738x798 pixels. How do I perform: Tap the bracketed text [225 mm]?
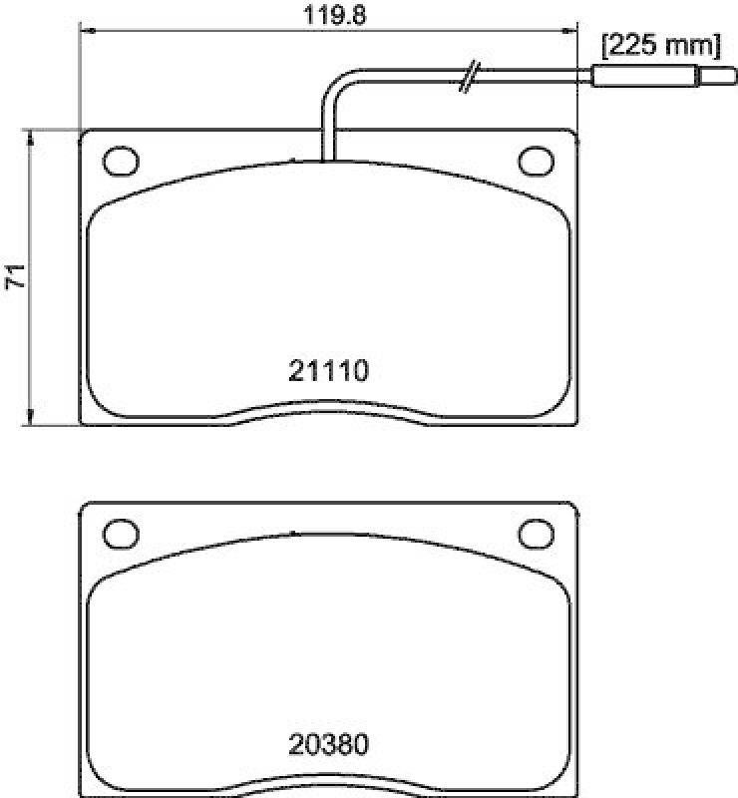(x=659, y=45)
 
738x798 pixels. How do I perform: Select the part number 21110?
(x=329, y=372)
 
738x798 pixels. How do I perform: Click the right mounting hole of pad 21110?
(x=536, y=160)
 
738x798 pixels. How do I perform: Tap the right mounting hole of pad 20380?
(x=536, y=533)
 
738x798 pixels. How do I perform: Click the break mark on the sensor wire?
(x=470, y=77)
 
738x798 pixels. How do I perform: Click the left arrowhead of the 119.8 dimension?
(x=86, y=32)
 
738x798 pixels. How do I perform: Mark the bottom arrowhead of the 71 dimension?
(x=31, y=419)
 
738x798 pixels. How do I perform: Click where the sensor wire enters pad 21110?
(x=328, y=157)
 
